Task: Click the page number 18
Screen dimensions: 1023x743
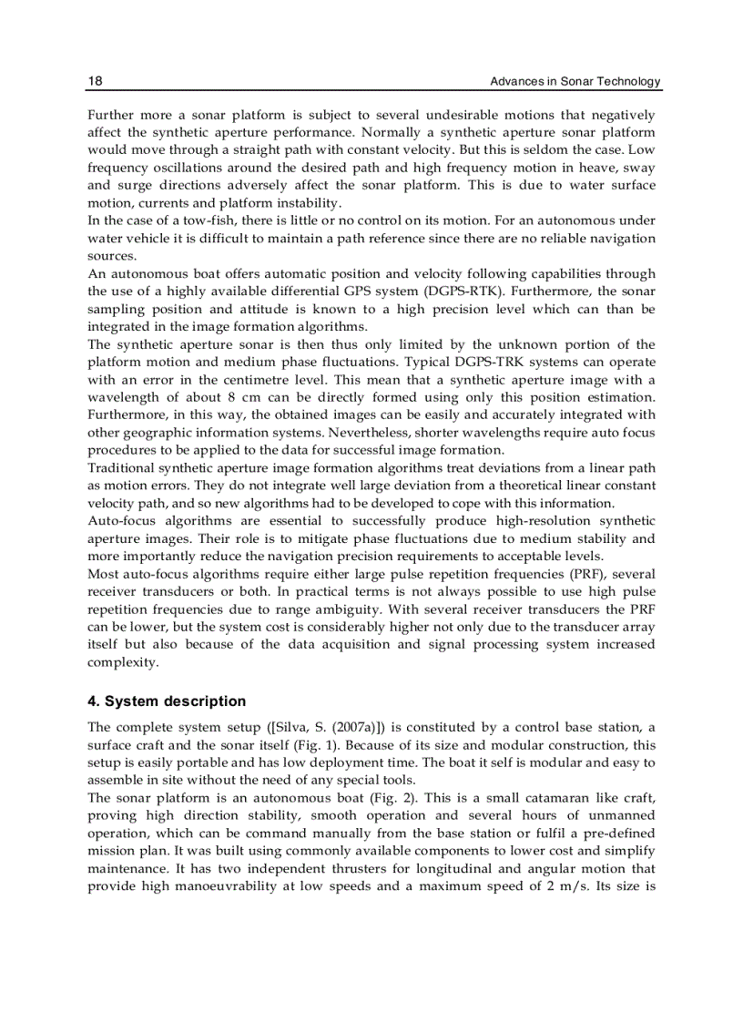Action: [95, 82]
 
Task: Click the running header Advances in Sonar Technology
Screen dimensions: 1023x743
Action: [575, 82]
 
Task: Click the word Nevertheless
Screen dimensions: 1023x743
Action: [371, 433]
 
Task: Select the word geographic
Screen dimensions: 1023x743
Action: [161, 433]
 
